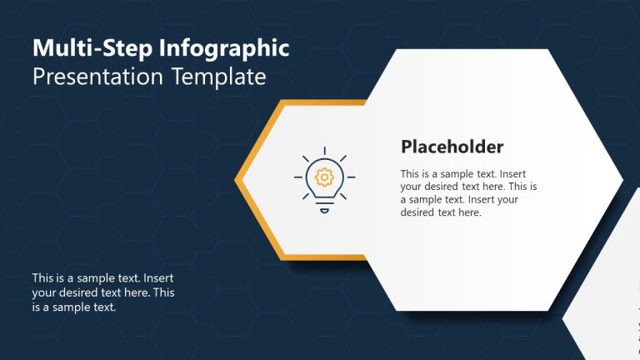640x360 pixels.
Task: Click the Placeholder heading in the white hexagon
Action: click(452, 147)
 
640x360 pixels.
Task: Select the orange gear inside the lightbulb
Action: click(324, 176)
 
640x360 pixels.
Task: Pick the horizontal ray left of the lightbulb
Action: click(298, 177)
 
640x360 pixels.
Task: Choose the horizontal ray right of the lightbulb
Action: click(350, 177)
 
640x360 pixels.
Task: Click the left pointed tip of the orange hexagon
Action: click(237, 179)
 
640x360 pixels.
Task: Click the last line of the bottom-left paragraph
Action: click(73, 307)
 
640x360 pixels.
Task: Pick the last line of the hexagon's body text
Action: click(441, 212)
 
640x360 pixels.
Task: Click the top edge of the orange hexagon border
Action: click(325, 103)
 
